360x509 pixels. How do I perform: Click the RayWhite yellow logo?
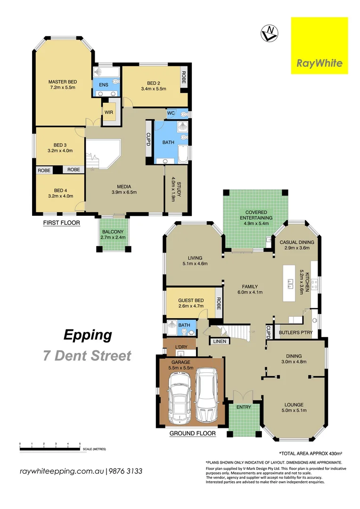(319, 46)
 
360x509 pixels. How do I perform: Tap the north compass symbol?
(269, 33)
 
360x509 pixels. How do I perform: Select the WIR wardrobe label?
(108, 112)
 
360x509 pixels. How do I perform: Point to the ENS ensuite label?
(103, 85)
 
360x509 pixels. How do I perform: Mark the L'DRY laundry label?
(181, 347)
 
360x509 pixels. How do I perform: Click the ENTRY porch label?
(244, 407)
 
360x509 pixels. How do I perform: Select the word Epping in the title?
(88, 335)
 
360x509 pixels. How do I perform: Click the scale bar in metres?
(50, 449)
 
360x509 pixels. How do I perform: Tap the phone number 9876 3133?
(126, 471)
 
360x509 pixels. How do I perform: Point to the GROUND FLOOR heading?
(192, 433)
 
